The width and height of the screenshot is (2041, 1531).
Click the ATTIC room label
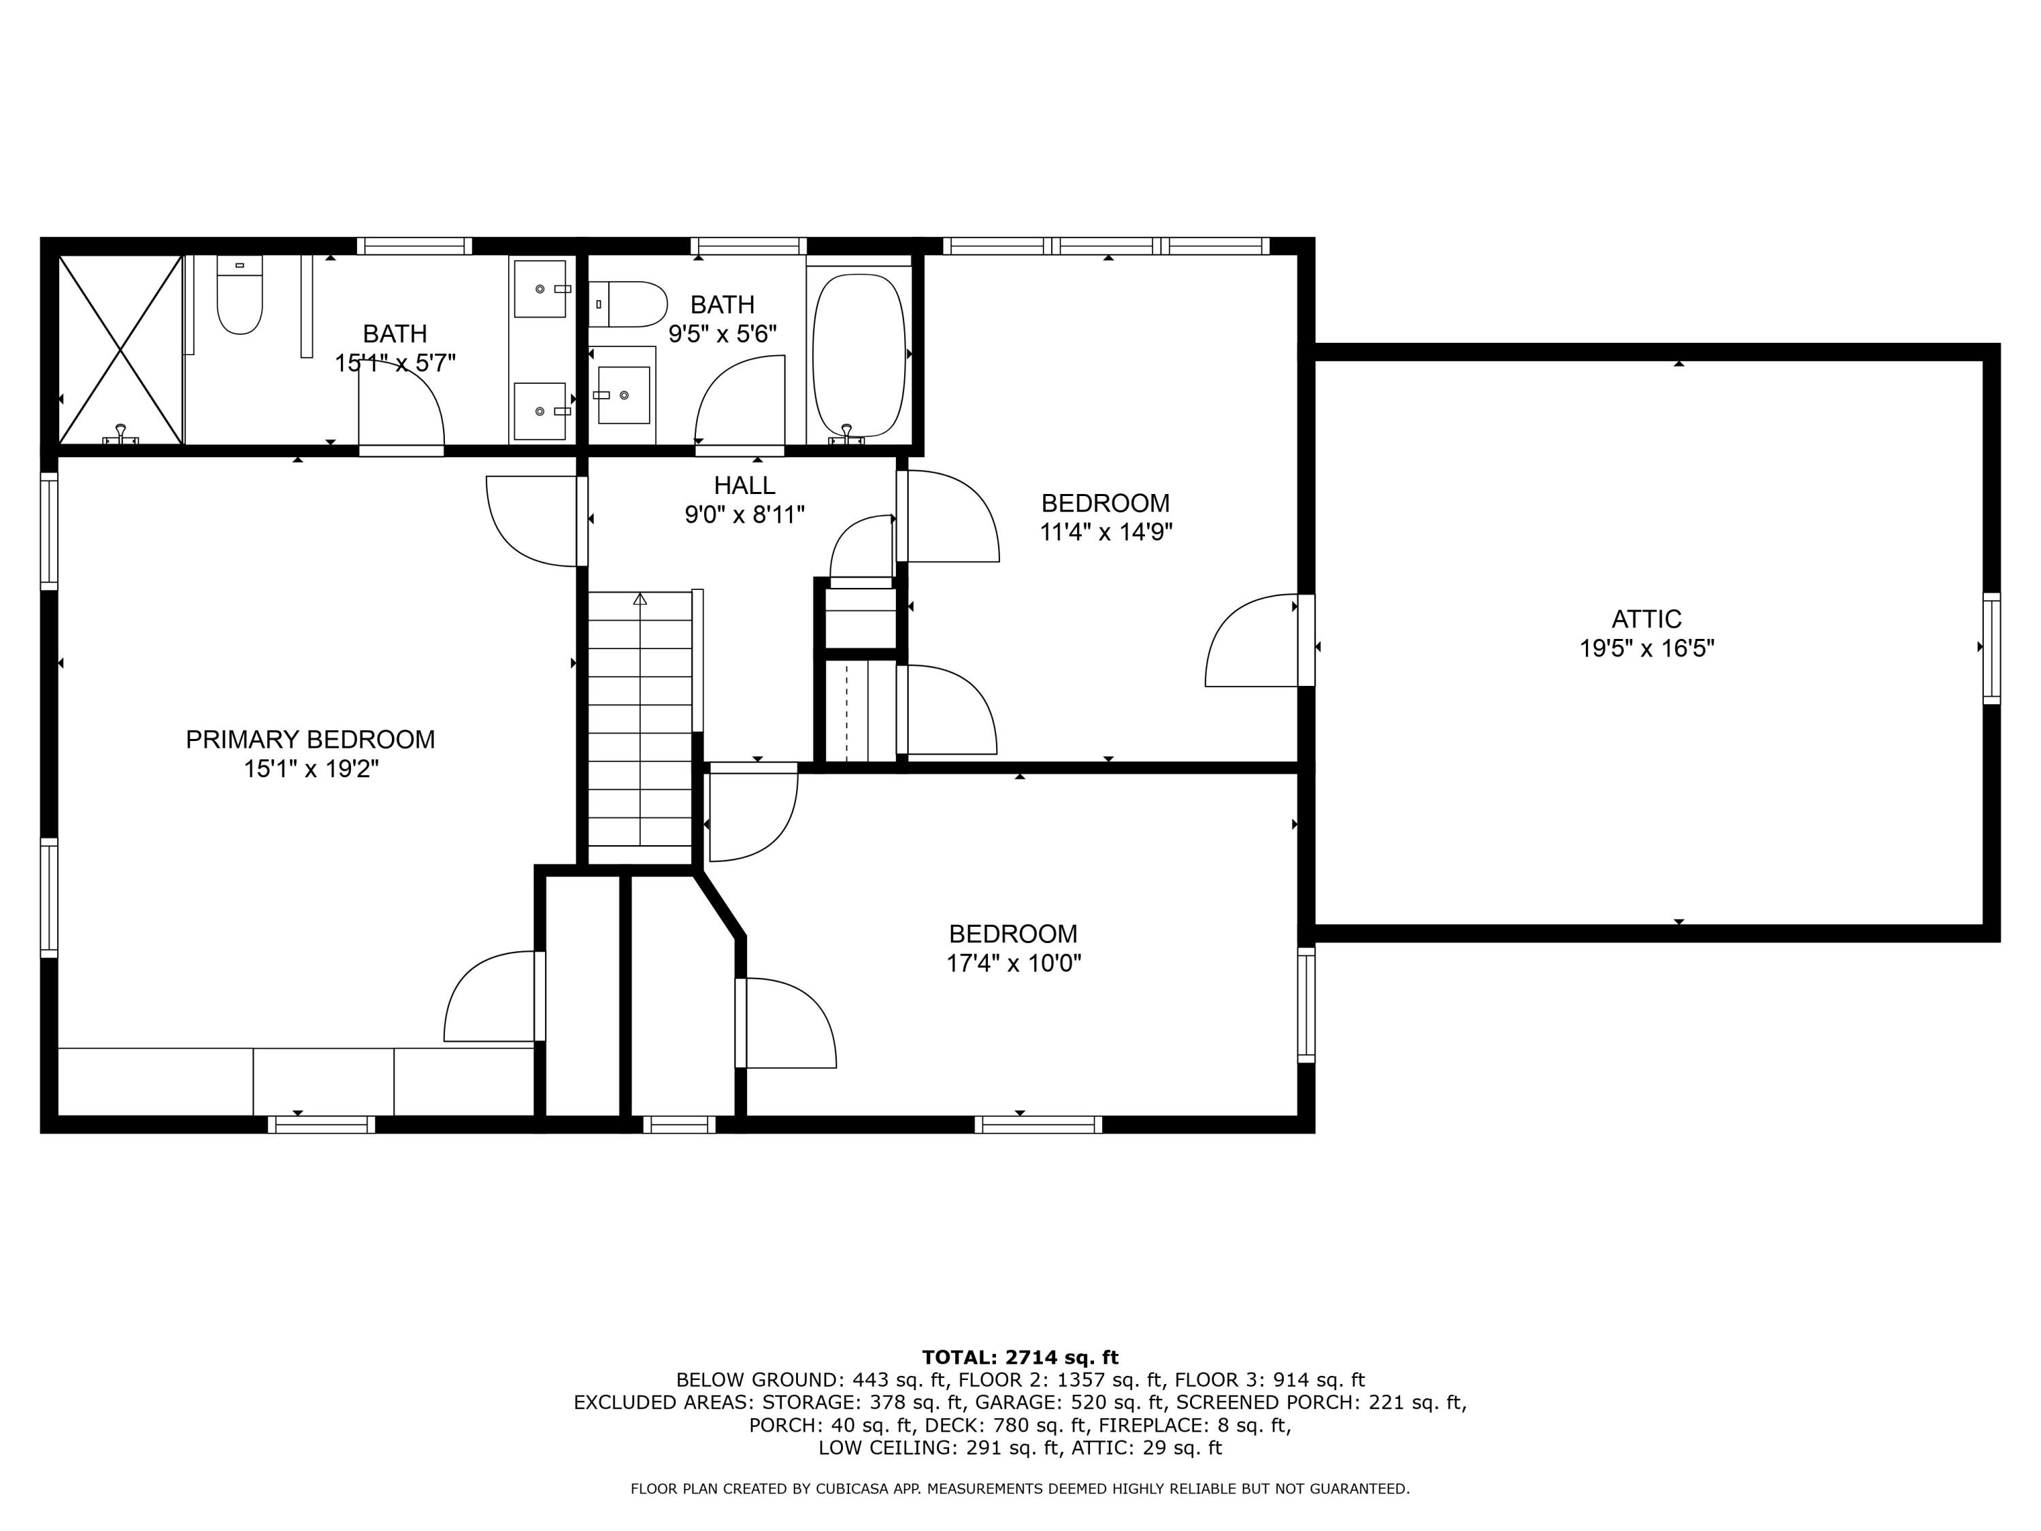[1646, 619]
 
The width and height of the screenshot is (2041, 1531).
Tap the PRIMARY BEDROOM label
[310, 739]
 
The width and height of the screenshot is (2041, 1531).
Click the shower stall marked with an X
[120, 350]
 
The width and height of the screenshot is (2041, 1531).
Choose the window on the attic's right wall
[1991, 648]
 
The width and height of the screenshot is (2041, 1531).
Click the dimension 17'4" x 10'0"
[1013, 964]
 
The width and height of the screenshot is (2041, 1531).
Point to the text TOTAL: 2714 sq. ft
[1020, 1357]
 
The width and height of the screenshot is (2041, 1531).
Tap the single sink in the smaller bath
[624, 395]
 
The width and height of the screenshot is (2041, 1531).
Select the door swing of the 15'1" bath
[402, 415]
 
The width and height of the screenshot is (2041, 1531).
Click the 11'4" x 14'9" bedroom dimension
[1106, 533]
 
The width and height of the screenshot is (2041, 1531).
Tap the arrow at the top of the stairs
[640, 599]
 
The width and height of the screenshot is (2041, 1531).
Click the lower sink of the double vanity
[540, 411]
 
